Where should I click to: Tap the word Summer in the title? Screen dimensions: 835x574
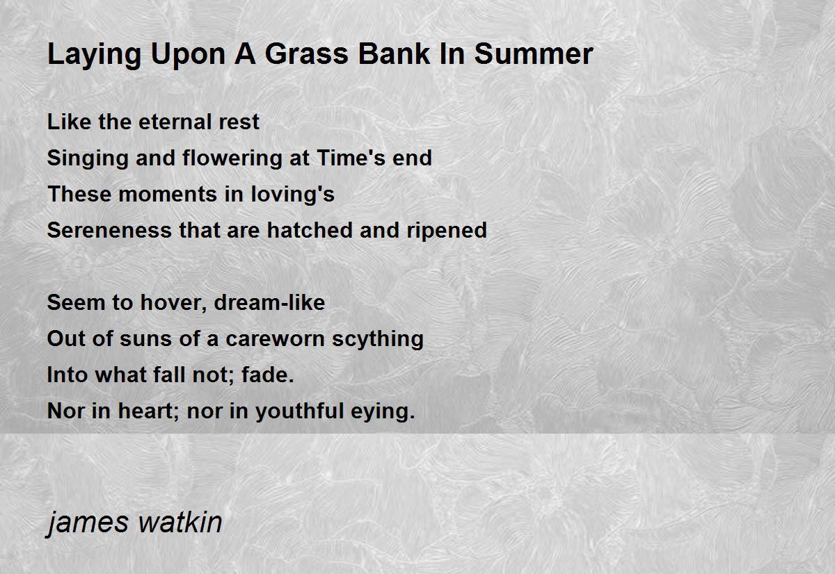[x=534, y=54]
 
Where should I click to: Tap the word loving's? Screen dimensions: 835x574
[x=293, y=195]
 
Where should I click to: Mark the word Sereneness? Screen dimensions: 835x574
[x=109, y=230]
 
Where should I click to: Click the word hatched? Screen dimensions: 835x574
[x=310, y=230]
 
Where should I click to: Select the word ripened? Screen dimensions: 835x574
[x=447, y=231]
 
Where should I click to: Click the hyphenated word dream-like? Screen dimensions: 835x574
[x=269, y=302]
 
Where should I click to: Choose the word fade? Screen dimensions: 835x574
[x=268, y=375]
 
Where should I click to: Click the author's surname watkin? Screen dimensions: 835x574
[x=180, y=522]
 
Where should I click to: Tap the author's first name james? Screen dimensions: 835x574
[x=87, y=523]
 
